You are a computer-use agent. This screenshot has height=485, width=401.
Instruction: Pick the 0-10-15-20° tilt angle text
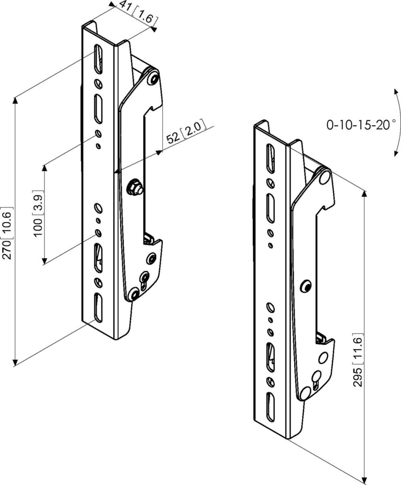tap(361, 124)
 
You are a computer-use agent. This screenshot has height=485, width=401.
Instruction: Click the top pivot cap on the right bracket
tap(324, 176)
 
